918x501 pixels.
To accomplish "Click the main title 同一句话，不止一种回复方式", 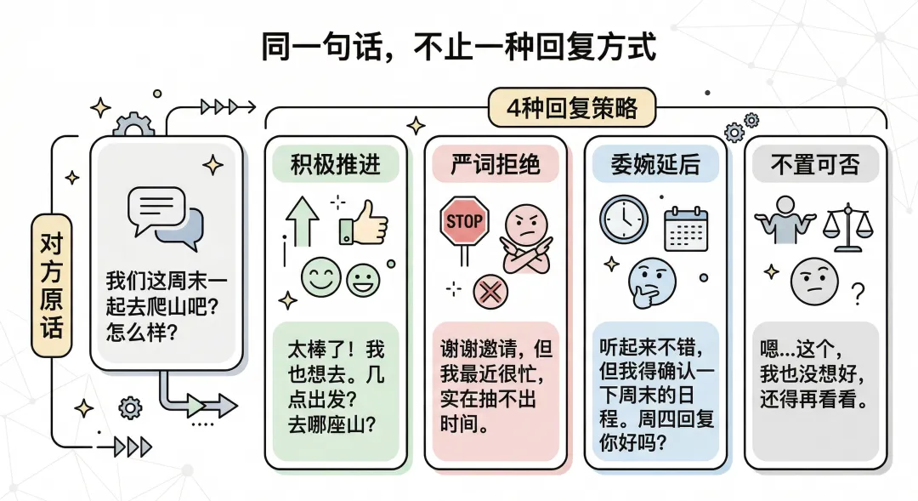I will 459,48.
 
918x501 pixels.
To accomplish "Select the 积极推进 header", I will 336,164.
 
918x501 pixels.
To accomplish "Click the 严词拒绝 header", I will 496,164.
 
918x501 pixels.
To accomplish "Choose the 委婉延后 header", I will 655,164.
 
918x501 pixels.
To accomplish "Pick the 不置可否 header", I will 815,164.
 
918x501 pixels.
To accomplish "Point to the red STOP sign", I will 464,222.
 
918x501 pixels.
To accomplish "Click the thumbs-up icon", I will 364,221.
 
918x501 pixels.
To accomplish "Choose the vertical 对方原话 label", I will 52,286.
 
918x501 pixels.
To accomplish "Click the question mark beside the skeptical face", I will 858,294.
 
